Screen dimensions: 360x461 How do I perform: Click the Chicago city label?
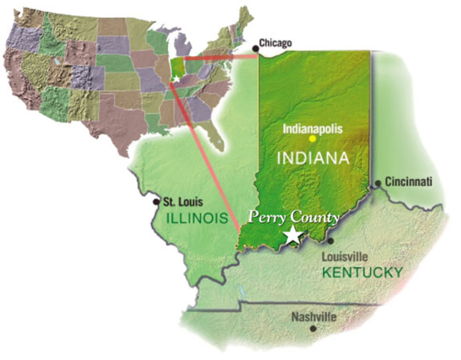pos(275,43)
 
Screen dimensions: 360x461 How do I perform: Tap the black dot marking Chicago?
pos(256,49)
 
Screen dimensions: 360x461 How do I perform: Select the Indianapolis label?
pos(313,127)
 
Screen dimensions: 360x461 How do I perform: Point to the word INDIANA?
pos(313,158)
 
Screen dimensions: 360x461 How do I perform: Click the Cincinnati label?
pos(409,181)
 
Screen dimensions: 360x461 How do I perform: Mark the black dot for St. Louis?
pos(156,201)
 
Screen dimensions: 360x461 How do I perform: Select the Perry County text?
pos(284,218)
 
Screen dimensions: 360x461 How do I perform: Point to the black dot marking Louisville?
pos(331,241)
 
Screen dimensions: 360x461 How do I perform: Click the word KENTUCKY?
pos(362,271)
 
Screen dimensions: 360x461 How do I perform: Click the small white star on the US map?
pos(175,78)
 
